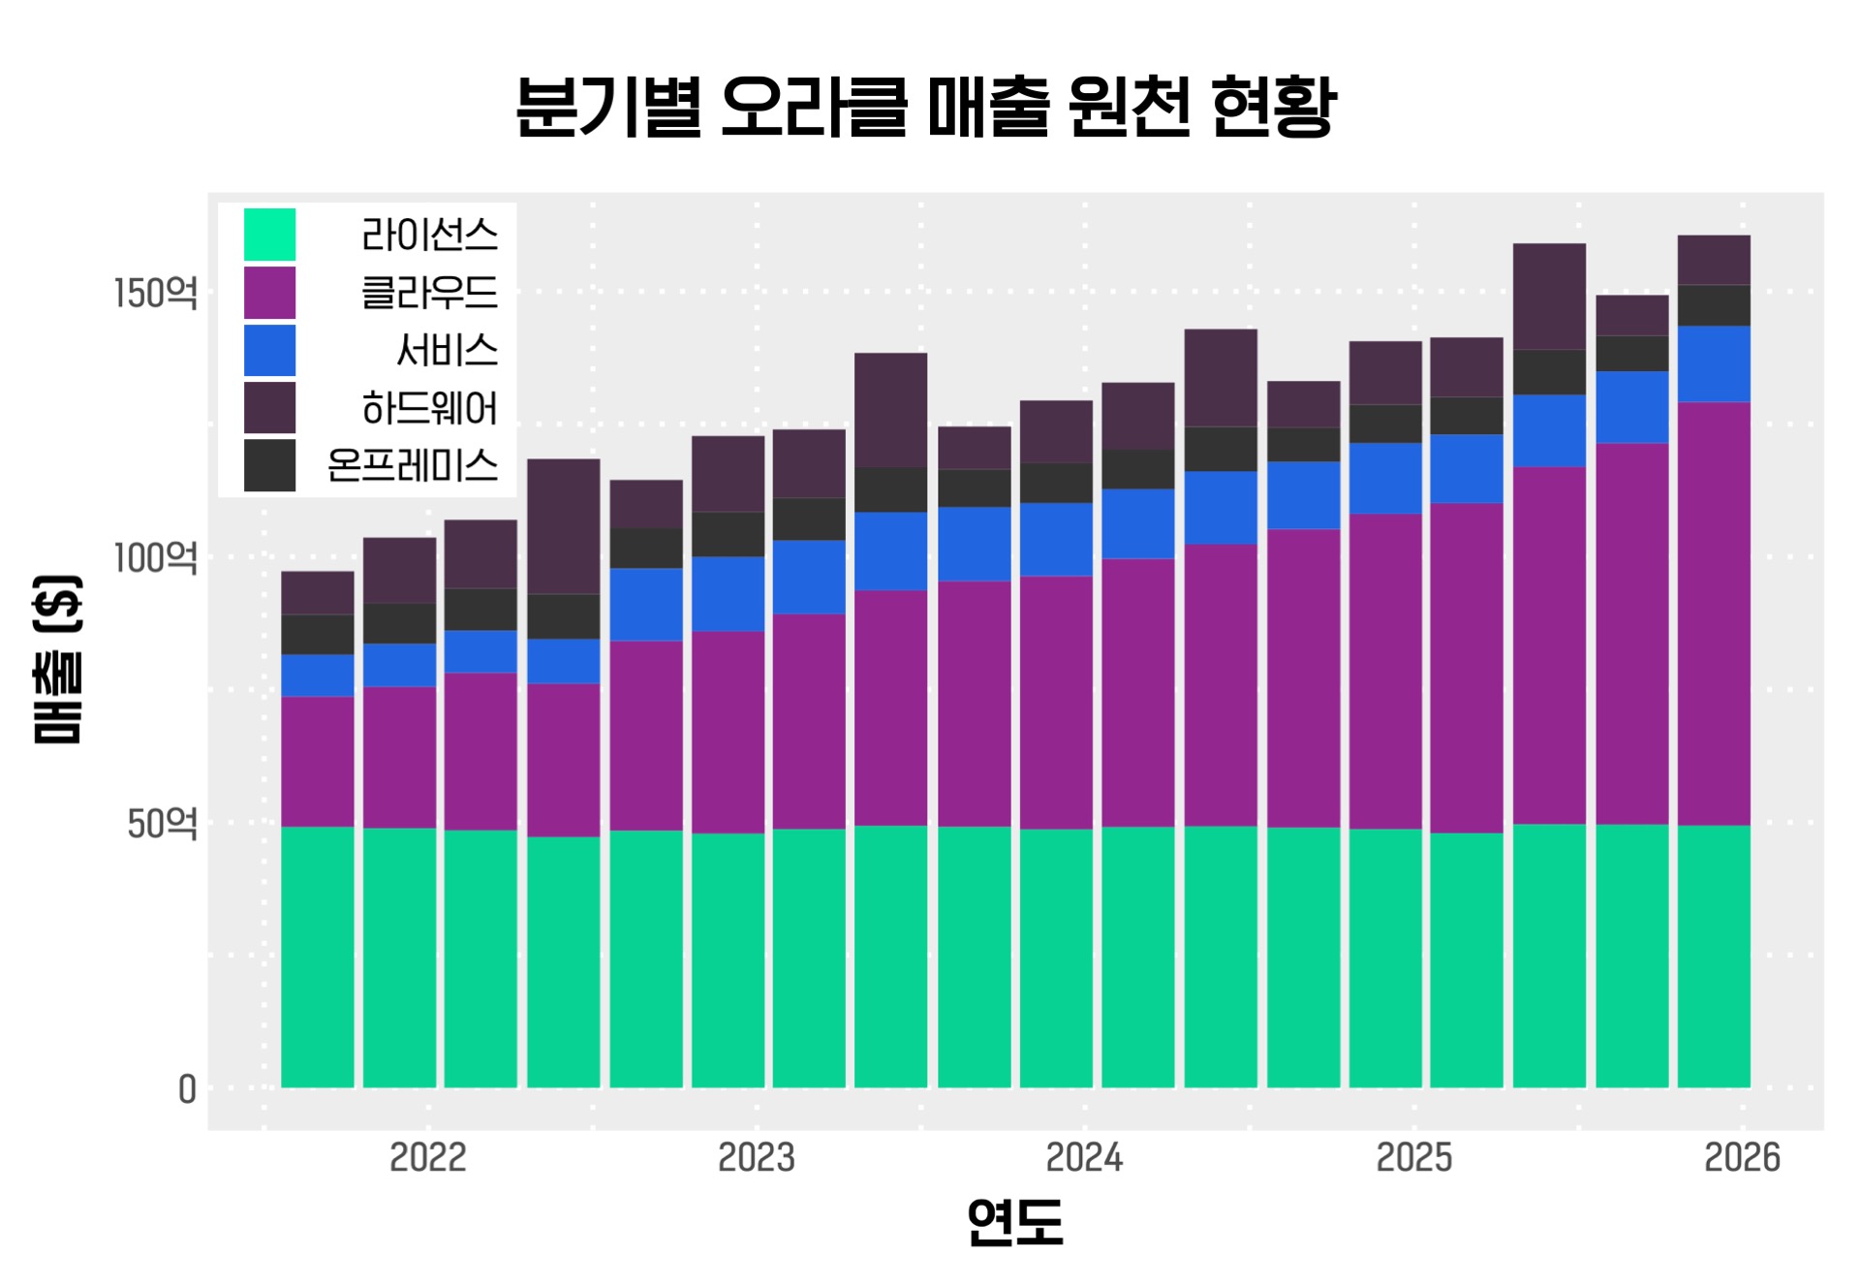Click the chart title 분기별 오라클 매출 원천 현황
(925, 107)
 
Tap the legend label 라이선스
(429, 235)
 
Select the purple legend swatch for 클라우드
(269, 293)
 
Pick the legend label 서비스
(447, 350)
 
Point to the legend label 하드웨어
(429, 408)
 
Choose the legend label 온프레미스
(413, 466)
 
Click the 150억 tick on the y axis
(155, 293)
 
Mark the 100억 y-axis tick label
(155, 558)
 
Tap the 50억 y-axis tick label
(162, 824)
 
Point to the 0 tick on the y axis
(187, 1089)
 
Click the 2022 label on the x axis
(427, 1157)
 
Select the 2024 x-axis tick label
(1084, 1157)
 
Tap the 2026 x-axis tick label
(1742, 1157)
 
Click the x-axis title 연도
(1015, 1221)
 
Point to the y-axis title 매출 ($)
(58, 659)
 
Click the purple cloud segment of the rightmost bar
(1714, 613)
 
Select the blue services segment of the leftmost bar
(318, 675)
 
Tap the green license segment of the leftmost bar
(318, 957)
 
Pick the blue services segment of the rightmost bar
(1714, 363)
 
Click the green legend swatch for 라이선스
(269, 235)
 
